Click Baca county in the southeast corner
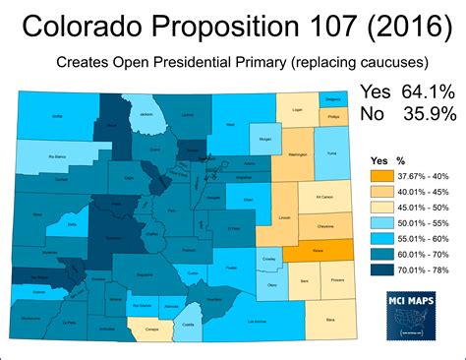pos(329,317)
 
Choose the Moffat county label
pos(57,116)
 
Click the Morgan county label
pos(262,139)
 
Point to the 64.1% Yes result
pos(428,91)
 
